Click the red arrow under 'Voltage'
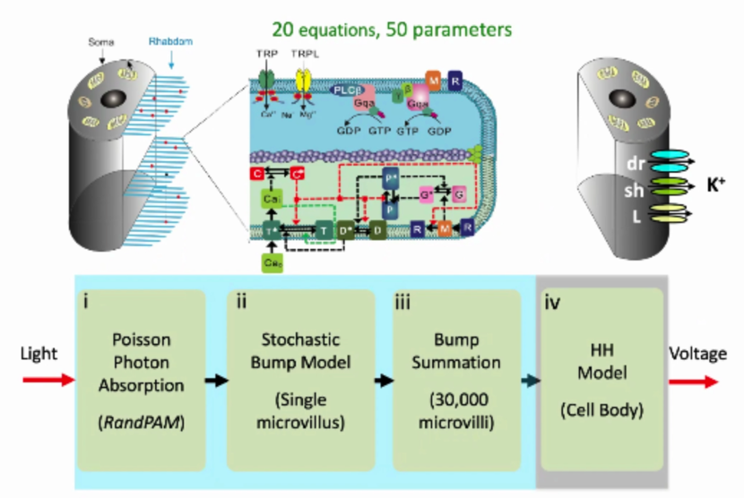tap(696, 381)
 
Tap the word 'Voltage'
tap(697, 355)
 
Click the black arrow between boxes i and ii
tap(215, 381)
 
